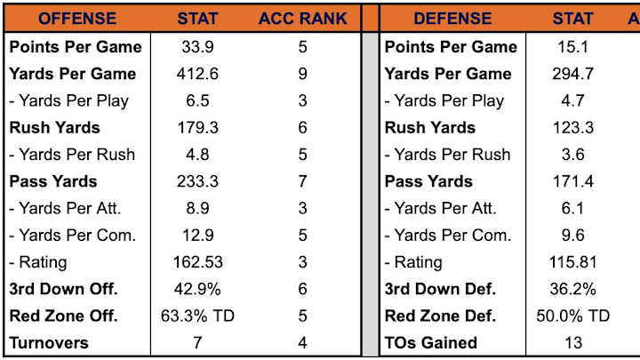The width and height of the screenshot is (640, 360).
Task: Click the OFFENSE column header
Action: tap(76, 18)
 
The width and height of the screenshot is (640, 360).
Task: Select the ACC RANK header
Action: tap(303, 18)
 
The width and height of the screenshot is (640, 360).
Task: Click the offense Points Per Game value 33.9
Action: tap(197, 46)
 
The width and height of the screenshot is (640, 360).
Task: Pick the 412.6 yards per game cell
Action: tap(197, 74)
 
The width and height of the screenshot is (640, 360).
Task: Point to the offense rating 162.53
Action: tap(197, 262)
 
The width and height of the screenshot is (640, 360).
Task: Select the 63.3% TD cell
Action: tap(197, 316)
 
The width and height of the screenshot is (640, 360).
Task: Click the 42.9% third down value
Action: tap(197, 289)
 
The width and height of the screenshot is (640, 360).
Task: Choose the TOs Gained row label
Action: tap(431, 342)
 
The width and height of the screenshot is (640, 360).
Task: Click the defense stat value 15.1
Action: tap(573, 46)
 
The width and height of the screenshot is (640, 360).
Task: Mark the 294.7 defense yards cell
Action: tap(573, 74)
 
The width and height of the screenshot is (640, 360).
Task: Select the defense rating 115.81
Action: tap(573, 262)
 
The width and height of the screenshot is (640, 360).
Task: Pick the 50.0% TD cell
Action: tap(573, 316)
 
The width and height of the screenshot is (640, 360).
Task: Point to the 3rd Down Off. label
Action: tap(64, 289)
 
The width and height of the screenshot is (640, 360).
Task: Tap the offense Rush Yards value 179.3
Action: tap(197, 127)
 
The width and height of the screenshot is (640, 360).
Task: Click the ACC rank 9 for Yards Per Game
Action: tap(303, 74)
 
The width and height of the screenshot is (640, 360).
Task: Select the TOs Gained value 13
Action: tap(573, 342)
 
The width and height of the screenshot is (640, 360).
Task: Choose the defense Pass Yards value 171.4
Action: tap(573, 181)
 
